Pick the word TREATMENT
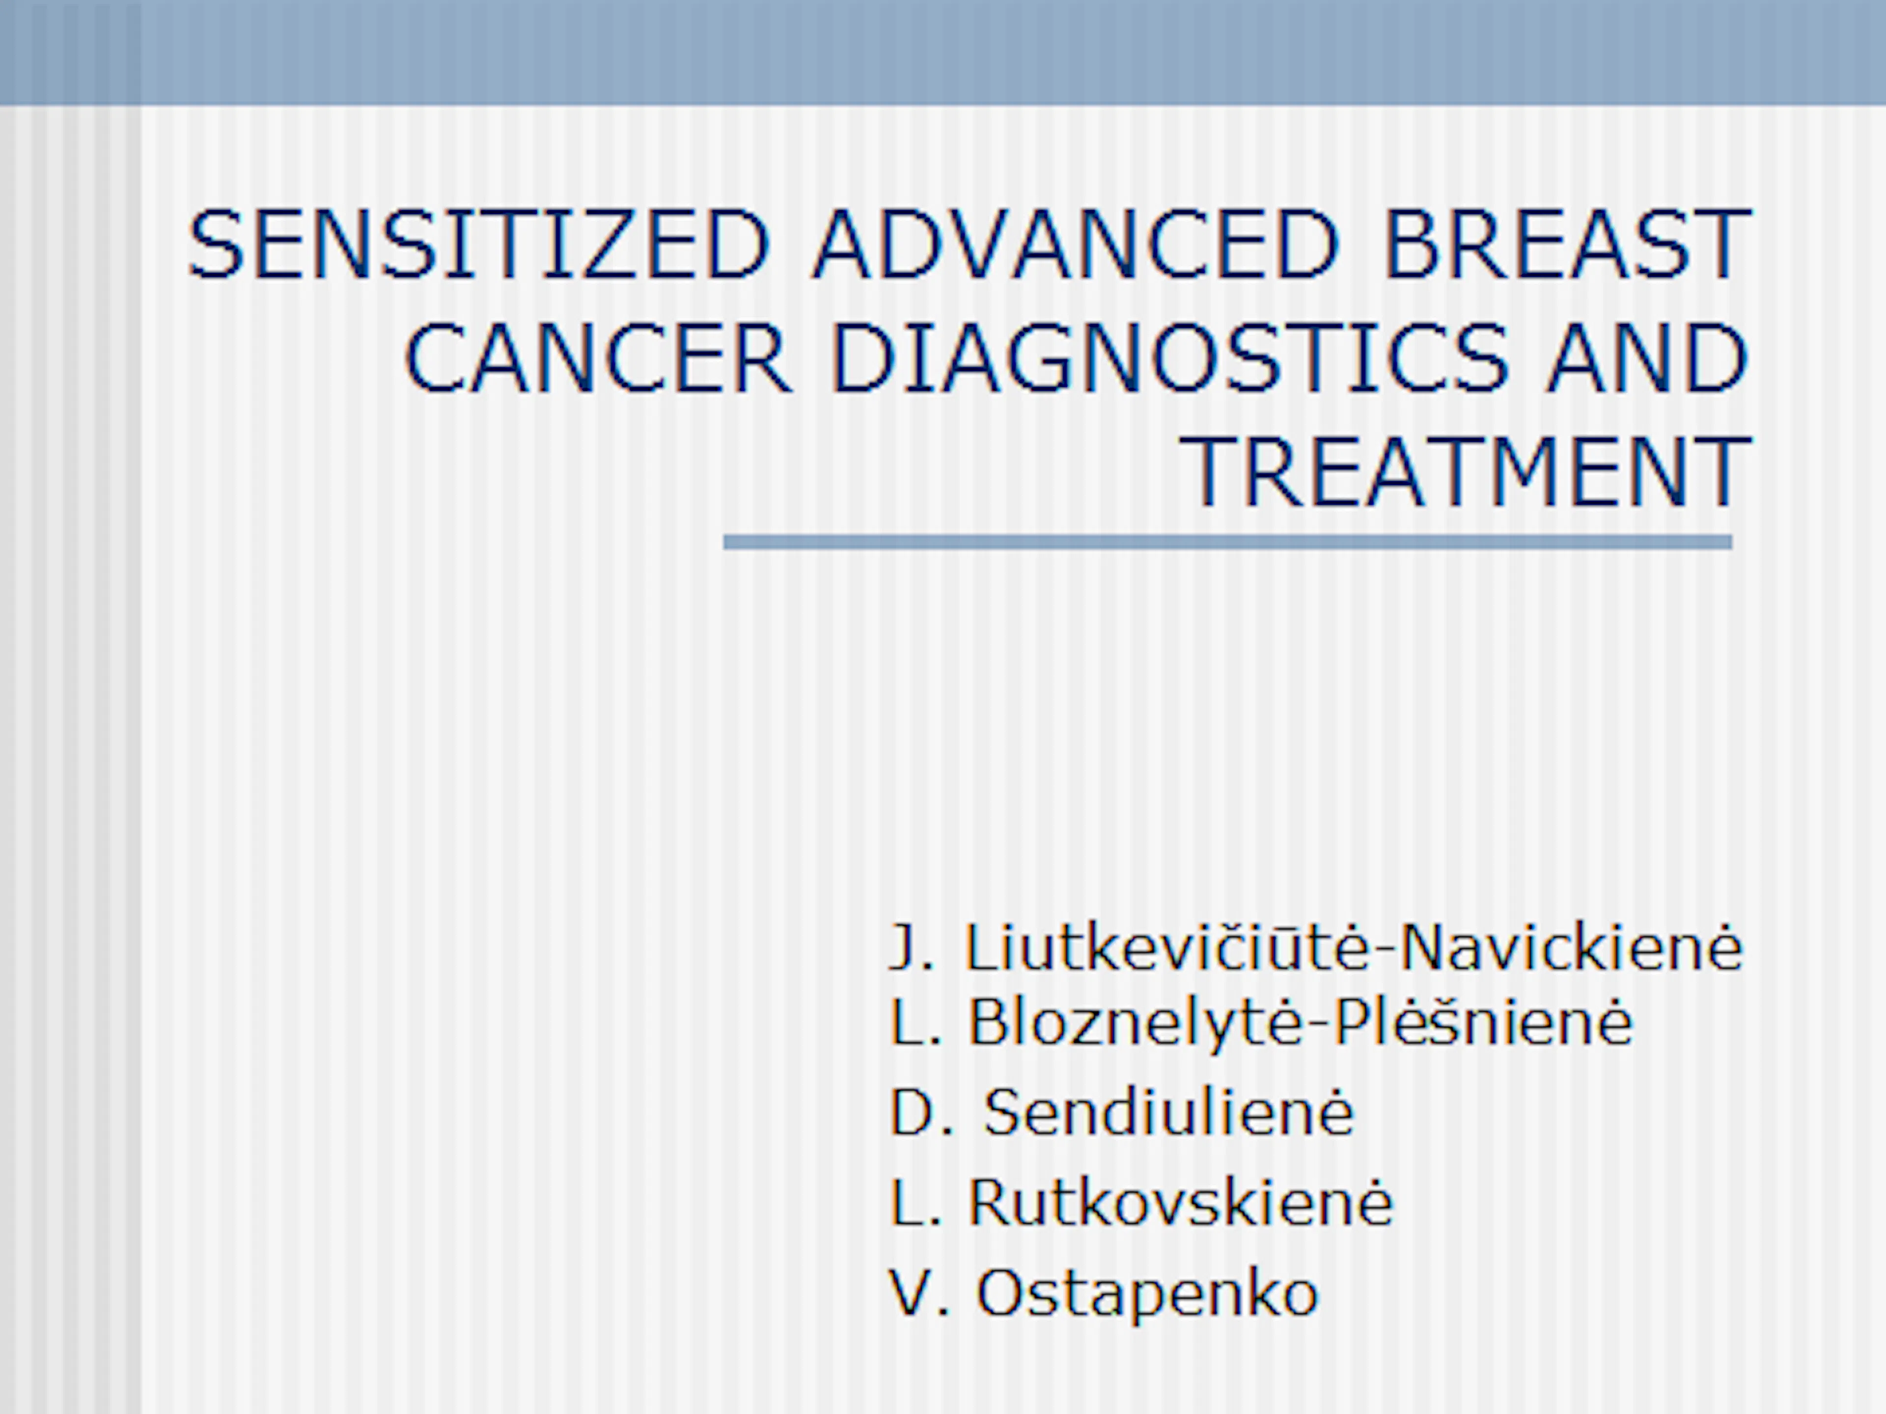pos(1464,471)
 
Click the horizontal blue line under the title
pos(1228,542)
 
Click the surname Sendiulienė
pos(1168,1112)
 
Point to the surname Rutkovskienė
pos(1180,1202)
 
